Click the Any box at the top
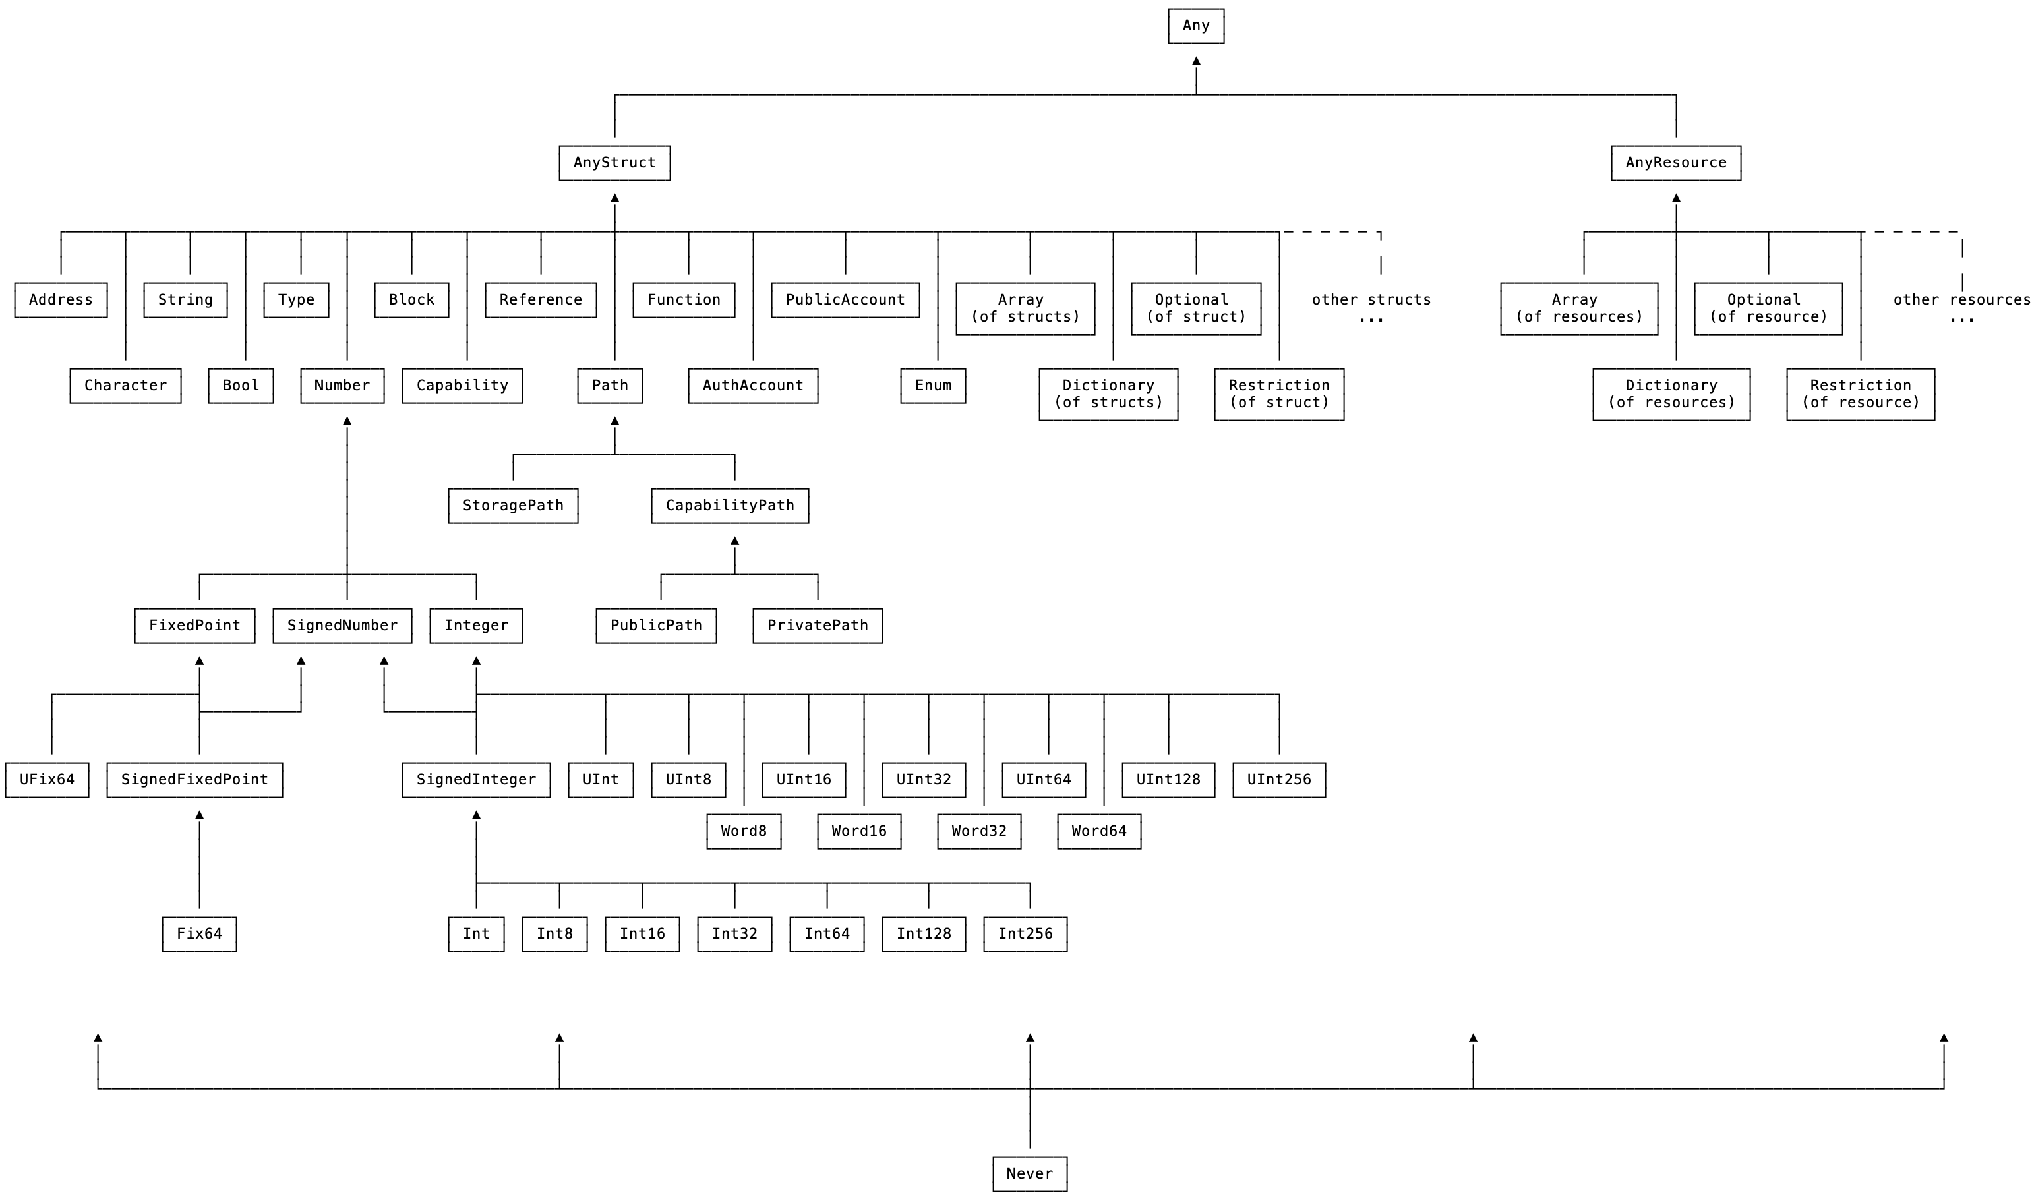pyautogui.click(x=1195, y=26)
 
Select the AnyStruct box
pyautogui.click(x=614, y=163)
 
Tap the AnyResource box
pyautogui.click(x=1675, y=163)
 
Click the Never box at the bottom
pyautogui.click(x=1029, y=1173)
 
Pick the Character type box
pyautogui.click(x=125, y=385)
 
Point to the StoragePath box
pyautogui.click(x=512, y=505)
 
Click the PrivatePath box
pyautogui.click(x=818, y=625)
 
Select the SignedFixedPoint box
pyautogui.click(x=194, y=779)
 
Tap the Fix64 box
pyautogui.click(x=199, y=934)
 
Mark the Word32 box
pyautogui.click(x=978, y=831)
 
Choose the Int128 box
pyautogui.click(x=923, y=934)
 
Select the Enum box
pyautogui.click(x=932, y=385)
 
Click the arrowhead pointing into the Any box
pyautogui.click(x=1196, y=61)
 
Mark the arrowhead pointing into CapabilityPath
pyautogui.click(x=734, y=541)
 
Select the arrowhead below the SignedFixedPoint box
pyautogui.click(x=199, y=815)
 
